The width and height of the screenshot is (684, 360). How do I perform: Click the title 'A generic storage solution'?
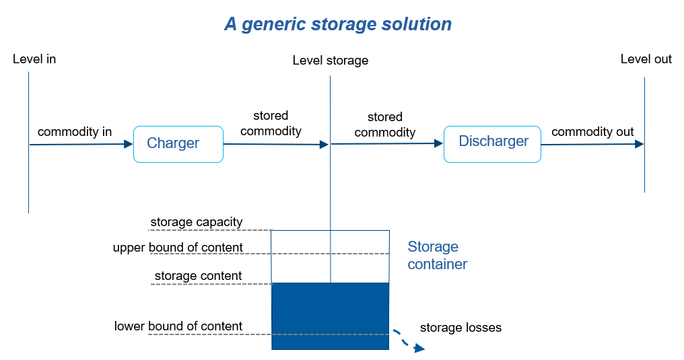click(338, 24)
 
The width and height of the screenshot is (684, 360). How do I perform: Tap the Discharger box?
click(492, 142)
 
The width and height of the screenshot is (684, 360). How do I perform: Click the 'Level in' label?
click(34, 59)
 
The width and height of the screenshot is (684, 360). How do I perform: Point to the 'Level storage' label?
click(330, 61)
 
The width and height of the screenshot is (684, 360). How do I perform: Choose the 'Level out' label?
click(646, 59)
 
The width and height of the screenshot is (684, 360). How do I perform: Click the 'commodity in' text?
click(75, 132)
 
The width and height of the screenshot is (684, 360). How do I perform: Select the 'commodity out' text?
click(592, 132)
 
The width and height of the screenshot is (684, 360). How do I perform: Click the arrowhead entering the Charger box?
click(129, 144)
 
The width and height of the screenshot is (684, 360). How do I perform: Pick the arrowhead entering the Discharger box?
click(438, 143)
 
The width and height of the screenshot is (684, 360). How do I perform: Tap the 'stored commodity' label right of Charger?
click(271, 123)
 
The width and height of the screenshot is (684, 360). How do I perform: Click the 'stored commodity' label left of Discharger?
click(384, 124)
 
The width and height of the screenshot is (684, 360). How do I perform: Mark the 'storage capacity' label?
click(196, 222)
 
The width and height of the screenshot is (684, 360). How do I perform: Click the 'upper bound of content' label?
click(178, 248)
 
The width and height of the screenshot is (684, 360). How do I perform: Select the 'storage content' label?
click(198, 276)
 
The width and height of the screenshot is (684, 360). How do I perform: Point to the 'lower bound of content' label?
click(178, 326)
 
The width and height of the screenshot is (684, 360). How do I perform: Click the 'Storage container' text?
click(437, 256)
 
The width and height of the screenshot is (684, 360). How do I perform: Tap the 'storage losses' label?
click(460, 328)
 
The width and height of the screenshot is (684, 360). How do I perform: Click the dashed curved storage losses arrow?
click(408, 340)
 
